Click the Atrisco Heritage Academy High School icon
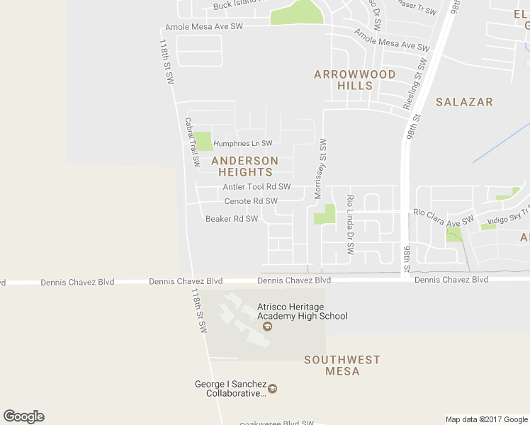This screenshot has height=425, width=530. pyautogui.click(x=267, y=327)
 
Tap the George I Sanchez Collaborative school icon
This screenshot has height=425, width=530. pyautogui.click(x=272, y=388)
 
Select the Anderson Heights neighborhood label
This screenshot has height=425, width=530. pyautogui.click(x=245, y=166)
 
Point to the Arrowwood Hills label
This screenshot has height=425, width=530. pyautogui.click(x=355, y=80)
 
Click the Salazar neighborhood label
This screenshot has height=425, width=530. pyautogui.click(x=464, y=102)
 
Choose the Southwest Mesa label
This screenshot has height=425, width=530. pyautogui.click(x=342, y=365)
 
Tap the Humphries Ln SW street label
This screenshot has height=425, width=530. pyautogui.click(x=243, y=143)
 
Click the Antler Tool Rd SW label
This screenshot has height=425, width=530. pyautogui.click(x=256, y=187)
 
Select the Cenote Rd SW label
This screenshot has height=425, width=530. pyautogui.click(x=251, y=201)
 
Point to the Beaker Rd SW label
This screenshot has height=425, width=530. pyautogui.click(x=232, y=219)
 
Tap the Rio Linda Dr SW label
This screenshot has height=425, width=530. pyautogui.click(x=349, y=225)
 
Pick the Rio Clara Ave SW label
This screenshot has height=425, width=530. pyautogui.click(x=443, y=212)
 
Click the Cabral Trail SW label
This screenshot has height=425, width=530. pyautogui.click(x=192, y=142)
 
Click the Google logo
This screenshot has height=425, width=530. pyautogui.click(x=23, y=416)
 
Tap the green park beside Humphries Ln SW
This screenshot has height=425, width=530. pyautogui.click(x=203, y=141)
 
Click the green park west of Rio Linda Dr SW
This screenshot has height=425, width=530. pyautogui.click(x=325, y=214)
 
